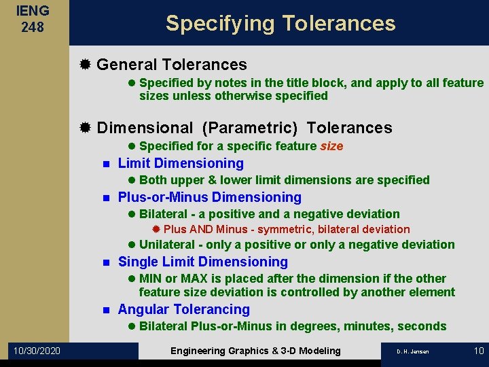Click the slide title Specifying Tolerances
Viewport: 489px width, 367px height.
(x=280, y=23)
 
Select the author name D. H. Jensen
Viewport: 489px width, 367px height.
(x=413, y=351)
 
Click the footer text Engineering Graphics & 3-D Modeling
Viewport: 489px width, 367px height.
(x=255, y=351)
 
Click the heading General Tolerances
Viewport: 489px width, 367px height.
(x=171, y=65)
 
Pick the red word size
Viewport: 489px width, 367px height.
(x=331, y=146)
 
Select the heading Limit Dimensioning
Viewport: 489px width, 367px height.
(x=181, y=163)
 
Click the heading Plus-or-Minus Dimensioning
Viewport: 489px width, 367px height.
(x=209, y=197)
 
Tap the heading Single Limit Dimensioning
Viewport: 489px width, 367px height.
(x=202, y=262)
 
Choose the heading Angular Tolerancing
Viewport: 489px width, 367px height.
(x=183, y=309)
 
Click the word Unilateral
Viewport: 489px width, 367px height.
(x=166, y=245)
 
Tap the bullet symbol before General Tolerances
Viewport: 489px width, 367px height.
(x=85, y=65)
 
